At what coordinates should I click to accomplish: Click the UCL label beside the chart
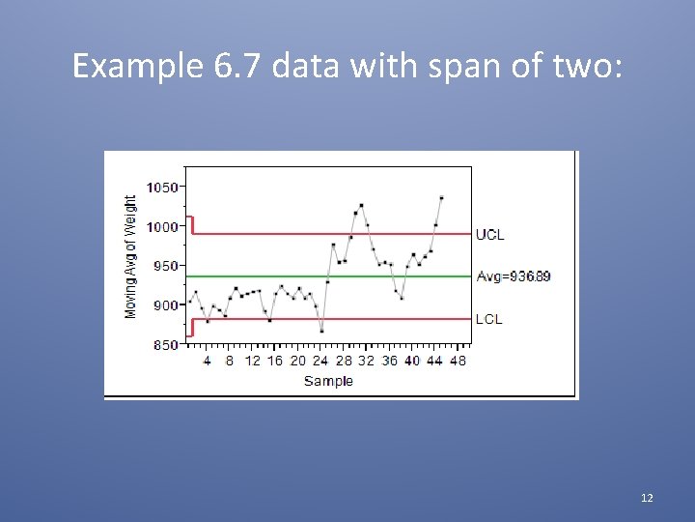pyautogui.click(x=489, y=235)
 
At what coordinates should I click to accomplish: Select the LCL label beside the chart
pyautogui.click(x=488, y=319)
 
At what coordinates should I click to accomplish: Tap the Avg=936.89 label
pyautogui.click(x=514, y=276)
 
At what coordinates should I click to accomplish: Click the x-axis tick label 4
pyautogui.click(x=207, y=361)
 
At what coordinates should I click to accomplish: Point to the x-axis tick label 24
pyautogui.click(x=320, y=361)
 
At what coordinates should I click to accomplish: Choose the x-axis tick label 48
pyautogui.click(x=458, y=361)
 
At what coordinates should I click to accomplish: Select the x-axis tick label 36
pyautogui.click(x=389, y=361)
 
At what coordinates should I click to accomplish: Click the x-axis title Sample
pyautogui.click(x=328, y=381)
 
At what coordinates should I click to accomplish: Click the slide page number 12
pyautogui.click(x=647, y=498)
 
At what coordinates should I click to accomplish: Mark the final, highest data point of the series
pyautogui.click(x=441, y=197)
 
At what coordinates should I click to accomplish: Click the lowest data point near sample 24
pyautogui.click(x=321, y=331)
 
